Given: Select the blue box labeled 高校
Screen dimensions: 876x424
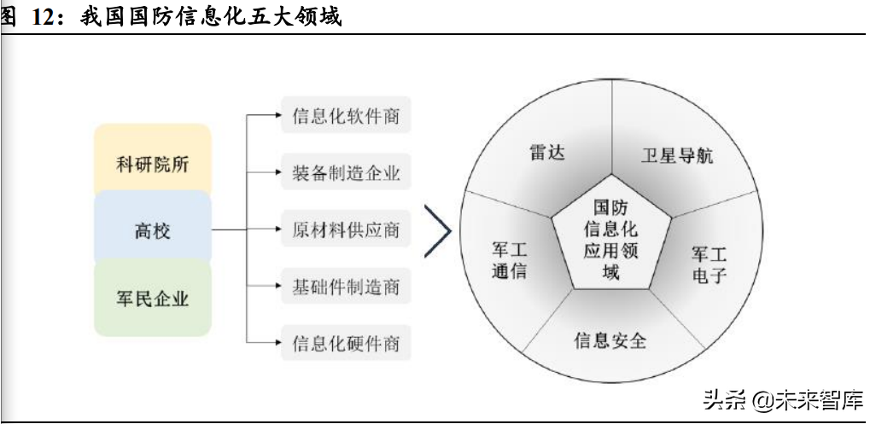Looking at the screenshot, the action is pos(153,229).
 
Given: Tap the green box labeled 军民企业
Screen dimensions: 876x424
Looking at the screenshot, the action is pos(153,298).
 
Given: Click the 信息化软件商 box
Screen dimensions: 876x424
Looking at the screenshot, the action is pos(346,115).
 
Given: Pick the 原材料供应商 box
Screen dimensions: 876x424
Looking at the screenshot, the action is pos(346,229).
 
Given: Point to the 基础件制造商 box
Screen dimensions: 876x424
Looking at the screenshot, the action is pos(346,286).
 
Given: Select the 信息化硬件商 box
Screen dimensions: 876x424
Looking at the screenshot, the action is pos(346,343).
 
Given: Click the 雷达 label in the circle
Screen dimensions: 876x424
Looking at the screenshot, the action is pos(547,152).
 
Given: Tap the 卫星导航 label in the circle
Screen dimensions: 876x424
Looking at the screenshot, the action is pos(676,155).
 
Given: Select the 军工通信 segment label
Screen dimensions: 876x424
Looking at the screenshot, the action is pos(509,260).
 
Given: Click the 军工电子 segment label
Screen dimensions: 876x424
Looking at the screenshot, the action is pos(709,264).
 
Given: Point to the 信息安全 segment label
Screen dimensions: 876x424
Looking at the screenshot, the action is pos(610,340).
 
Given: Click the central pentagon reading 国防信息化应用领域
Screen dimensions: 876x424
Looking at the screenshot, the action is pos(610,236).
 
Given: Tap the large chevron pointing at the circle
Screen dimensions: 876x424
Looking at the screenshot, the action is pos(438,231).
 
